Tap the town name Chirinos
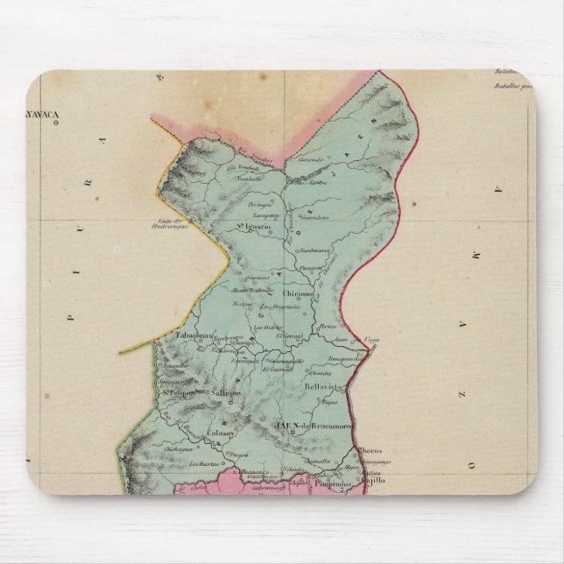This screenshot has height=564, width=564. tap(299, 294)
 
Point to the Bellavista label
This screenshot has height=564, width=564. tap(321, 384)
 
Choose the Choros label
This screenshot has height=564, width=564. tap(370, 451)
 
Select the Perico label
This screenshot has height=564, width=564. tap(329, 326)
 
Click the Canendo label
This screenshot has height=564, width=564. tap(311, 160)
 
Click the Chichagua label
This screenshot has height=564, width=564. tap(178, 448)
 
